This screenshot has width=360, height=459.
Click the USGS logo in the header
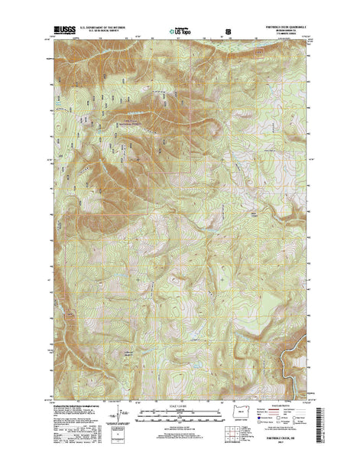coord(64,32)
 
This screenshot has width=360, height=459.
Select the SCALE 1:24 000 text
coord(180,411)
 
